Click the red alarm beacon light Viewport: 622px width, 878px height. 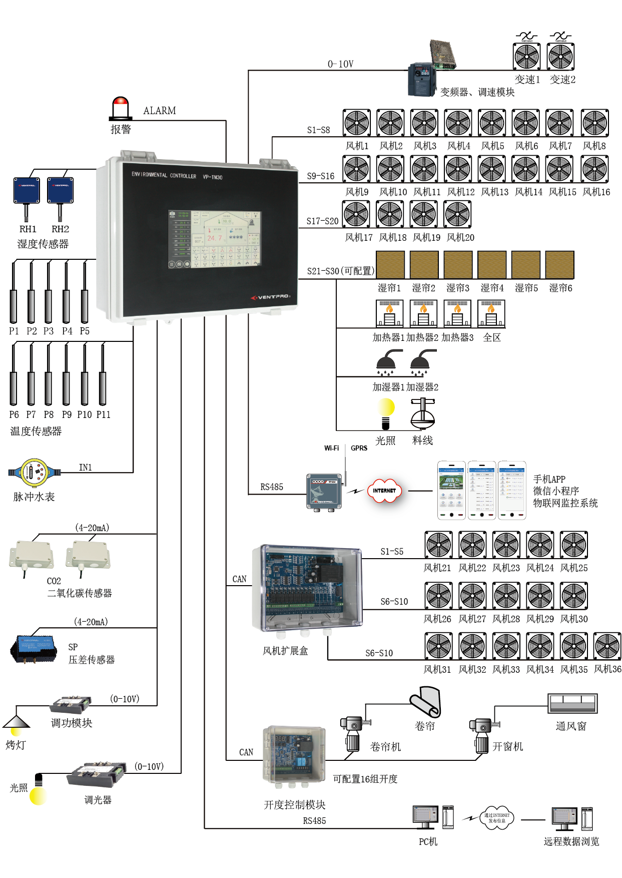121,107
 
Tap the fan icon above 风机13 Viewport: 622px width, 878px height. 492,169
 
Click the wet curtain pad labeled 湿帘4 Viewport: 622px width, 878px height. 492,264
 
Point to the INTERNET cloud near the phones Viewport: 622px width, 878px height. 384,491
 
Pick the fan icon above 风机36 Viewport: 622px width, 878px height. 607,646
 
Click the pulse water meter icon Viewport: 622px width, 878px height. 34,472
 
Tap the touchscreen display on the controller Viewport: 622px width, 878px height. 215,239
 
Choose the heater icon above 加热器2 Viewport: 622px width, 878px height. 423,313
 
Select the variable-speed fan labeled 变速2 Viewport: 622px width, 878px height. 560,56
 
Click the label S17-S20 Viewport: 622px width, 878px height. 322,221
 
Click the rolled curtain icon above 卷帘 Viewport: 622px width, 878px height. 426,702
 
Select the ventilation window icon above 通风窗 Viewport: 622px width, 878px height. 572,703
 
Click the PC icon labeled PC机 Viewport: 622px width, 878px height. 426,817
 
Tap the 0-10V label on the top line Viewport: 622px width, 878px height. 340,64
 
